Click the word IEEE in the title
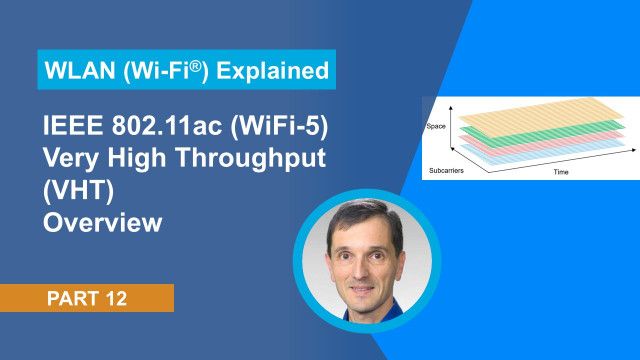73,128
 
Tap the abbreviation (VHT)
79,191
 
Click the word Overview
103,222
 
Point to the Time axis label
561,172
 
